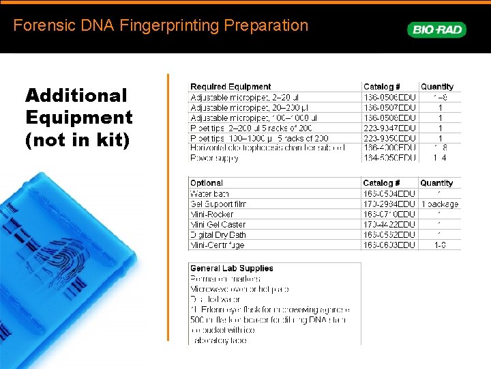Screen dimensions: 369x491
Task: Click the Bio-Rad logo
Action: pos(436,29)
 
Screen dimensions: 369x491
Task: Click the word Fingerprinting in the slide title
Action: pos(162,26)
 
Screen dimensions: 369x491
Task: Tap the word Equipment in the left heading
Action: pos(79,118)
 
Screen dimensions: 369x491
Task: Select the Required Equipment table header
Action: pos(230,87)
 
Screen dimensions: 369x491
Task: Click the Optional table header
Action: pos(207,183)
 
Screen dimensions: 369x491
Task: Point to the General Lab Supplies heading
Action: pos(232,269)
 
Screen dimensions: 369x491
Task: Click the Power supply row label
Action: pos(214,159)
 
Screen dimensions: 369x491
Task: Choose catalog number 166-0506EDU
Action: pos(389,97)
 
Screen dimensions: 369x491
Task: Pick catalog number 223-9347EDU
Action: pos(389,128)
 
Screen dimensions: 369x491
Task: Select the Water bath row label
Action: pos(209,194)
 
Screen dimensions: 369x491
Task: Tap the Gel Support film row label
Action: pos(218,204)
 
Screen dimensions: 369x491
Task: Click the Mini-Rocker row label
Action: pos(212,215)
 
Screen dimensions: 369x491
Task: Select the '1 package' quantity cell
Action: pos(440,204)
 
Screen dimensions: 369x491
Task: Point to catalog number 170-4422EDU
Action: pos(389,225)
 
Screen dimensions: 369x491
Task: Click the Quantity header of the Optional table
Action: pos(436,183)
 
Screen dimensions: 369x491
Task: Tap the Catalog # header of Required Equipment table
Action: pos(382,87)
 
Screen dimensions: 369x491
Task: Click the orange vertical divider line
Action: pos(168,205)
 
